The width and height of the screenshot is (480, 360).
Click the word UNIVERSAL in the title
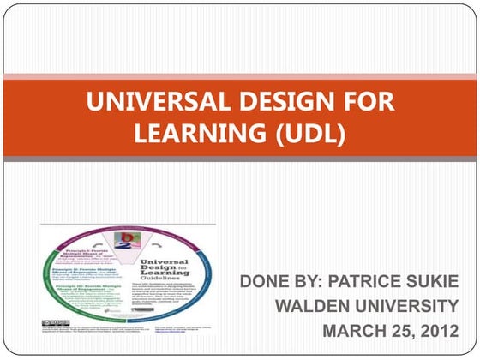(144, 103)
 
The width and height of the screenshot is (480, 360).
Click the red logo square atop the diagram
(129, 237)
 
